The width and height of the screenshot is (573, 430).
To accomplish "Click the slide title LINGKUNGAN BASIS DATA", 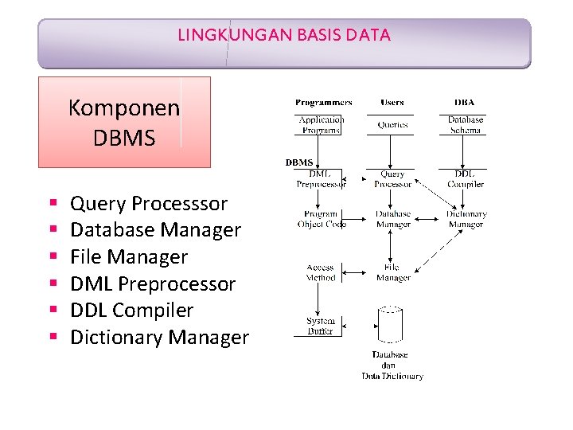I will [x=284, y=35].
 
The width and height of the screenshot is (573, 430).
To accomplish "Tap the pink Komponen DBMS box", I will [x=124, y=122].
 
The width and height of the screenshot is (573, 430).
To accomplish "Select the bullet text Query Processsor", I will [x=149, y=204].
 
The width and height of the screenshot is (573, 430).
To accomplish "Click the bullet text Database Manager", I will [x=155, y=230].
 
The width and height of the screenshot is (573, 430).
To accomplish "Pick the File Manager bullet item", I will [x=129, y=257].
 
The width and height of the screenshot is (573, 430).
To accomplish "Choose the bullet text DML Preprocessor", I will [x=153, y=284].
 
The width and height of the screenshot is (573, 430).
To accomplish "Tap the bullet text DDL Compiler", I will [x=132, y=311].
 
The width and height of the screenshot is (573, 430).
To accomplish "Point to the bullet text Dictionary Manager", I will [x=159, y=338].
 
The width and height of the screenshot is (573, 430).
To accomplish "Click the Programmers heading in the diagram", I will [x=323, y=103].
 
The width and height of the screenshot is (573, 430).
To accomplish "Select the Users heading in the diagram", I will [x=392, y=103].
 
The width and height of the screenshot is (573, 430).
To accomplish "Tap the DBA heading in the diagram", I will [x=464, y=103].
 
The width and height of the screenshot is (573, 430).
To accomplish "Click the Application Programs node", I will [x=321, y=124].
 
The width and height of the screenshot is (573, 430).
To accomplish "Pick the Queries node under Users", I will [x=392, y=125].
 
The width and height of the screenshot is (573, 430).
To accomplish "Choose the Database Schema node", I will [x=466, y=124].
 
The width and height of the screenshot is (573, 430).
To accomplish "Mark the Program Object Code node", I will [x=322, y=219].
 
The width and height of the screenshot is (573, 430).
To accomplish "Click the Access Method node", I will [x=321, y=273].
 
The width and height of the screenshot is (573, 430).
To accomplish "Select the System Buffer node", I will [x=321, y=326].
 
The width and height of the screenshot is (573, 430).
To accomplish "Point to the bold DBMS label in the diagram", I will [x=299, y=162].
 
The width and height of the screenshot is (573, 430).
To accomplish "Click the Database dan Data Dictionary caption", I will [x=392, y=365].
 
